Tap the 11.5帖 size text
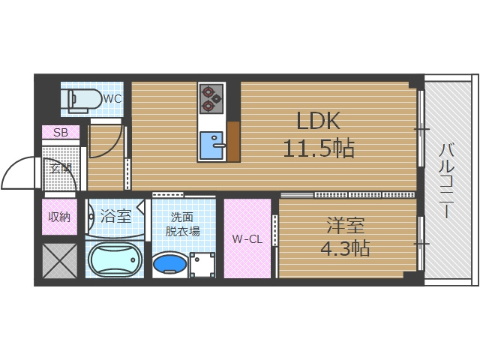318,148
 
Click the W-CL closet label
247,240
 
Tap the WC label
112,98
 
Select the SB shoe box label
60,133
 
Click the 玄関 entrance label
60,168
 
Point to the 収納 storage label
59,217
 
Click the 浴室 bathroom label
115,217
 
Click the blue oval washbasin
169,264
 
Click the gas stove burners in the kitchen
211,97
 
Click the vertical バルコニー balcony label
447,180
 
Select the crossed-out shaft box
59,261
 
